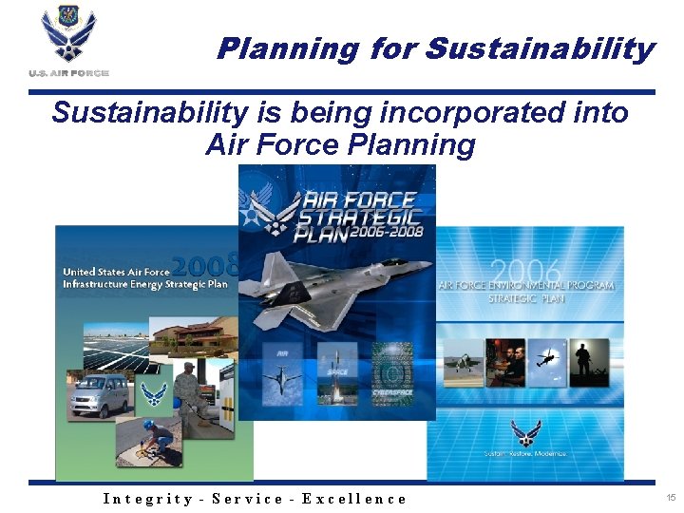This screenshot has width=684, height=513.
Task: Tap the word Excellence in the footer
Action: [354, 499]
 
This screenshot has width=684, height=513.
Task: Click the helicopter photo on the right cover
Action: [548, 362]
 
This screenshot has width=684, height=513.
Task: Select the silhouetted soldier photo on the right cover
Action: [590, 362]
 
